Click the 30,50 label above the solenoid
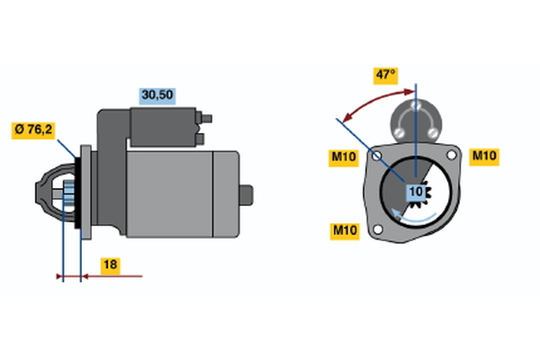(x=157, y=94)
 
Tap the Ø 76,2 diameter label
(x=34, y=130)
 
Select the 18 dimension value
(x=107, y=265)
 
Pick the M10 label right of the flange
(x=485, y=156)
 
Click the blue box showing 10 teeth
(x=416, y=192)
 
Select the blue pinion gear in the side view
(x=67, y=193)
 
